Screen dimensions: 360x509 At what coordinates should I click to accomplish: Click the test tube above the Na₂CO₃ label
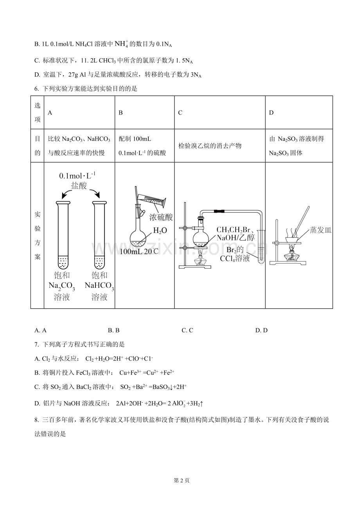pyautogui.click(x=63, y=235)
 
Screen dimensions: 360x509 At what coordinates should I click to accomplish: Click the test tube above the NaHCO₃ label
pyautogui.click(x=100, y=235)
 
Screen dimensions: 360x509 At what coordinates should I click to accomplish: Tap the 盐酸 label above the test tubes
pyautogui.click(x=79, y=185)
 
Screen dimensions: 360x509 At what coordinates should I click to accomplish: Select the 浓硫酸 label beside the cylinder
pyautogui.click(x=161, y=217)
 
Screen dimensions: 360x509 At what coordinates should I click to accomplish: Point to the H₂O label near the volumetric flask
pyautogui.click(x=160, y=230)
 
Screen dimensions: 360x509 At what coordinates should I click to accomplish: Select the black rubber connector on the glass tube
pyautogui.click(x=219, y=211)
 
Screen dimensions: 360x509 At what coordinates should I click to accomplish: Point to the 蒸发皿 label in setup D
pyautogui.click(x=320, y=230)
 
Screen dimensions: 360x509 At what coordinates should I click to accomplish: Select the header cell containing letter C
pyautogui.click(x=220, y=113)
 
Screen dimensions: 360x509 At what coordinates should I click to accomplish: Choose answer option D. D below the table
pyautogui.click(x=261, y=330)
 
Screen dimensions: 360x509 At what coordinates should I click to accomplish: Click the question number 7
pyautogui.click(x=36, y=344)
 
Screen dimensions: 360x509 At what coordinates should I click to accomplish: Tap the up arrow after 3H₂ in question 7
pyautogui.click(x=201, y=403)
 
